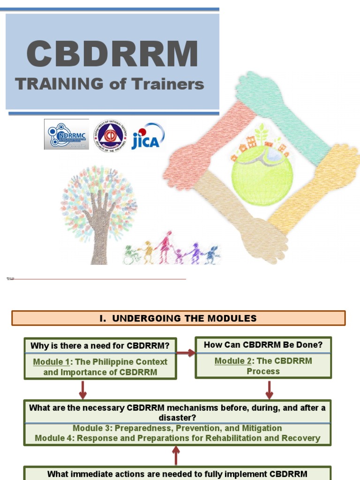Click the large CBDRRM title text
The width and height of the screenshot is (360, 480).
pos(112,54)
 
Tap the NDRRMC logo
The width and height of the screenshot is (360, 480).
pos(66,135)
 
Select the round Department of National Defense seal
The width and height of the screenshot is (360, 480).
pos(110,135)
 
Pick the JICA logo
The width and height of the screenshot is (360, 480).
pos(148,136)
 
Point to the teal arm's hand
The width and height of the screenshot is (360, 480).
pos(255,89)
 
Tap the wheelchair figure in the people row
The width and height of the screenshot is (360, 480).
pos(130,255)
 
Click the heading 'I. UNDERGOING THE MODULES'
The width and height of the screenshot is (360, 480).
pos(178,318)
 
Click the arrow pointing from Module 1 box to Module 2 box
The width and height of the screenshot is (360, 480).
pos(186,353)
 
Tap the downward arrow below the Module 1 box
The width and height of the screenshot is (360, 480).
pos(83,389)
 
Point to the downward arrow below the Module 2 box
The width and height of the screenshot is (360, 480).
pos(270,389)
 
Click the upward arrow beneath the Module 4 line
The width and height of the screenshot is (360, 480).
pos(176,455)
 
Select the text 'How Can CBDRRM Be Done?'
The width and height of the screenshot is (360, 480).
pos(263,345)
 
